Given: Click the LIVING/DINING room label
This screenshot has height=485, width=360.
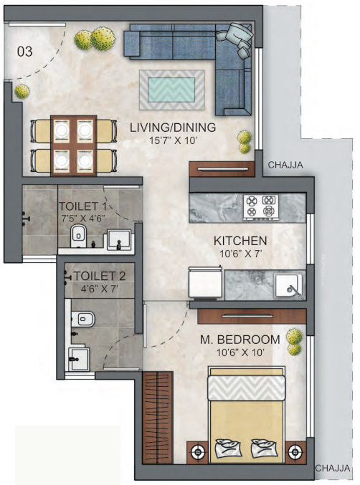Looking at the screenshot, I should tap(173, 128).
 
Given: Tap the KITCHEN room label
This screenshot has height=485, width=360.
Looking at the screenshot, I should tap(240, 240).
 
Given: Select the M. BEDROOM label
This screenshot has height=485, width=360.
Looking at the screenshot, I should tap(240, 339).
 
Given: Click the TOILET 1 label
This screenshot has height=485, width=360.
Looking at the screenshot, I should tap(81, 206).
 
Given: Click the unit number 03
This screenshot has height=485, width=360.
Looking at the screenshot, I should tap(25, 51).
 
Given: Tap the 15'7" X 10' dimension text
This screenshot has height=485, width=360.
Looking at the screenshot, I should tap(173, 141).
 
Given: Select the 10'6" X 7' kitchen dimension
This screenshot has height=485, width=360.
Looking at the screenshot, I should tap(240, 254).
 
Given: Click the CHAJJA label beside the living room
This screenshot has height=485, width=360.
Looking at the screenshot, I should tap(285, 165).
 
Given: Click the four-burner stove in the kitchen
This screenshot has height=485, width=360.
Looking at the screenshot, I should tap(260, 206).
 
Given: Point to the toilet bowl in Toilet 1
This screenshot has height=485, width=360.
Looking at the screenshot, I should tap(79, 234).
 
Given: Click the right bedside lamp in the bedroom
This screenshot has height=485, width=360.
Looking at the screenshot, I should tap(293, 452).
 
